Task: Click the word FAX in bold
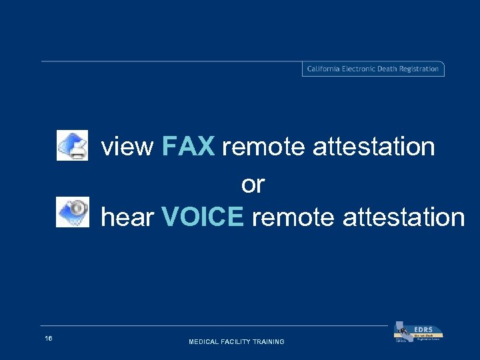coord(188,146)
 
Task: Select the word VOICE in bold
coord(203,217)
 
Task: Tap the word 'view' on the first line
coord(127,147)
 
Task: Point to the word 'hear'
coord(127,217)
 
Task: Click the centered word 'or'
coord(253,184)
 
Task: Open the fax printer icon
coord(72,145)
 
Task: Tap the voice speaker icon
coord(72,213)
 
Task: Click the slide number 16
coord(49,339)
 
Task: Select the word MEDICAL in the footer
coord(205,342)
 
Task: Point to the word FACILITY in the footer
coord(238,342)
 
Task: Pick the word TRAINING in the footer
coord(269,342)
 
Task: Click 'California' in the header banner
coord(323,69)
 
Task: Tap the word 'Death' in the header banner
coord(388,69)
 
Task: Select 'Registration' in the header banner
coord(419,69)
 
